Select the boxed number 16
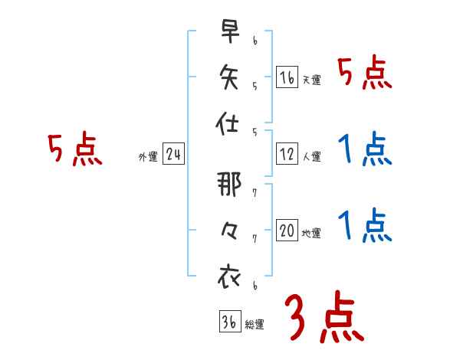click(287, 77)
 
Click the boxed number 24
click(173, 155)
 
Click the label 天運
click(311, 80)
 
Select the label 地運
click(311, 233)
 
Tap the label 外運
click(148, 157)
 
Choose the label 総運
click(255, 324)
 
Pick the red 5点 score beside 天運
click(366, 74)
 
